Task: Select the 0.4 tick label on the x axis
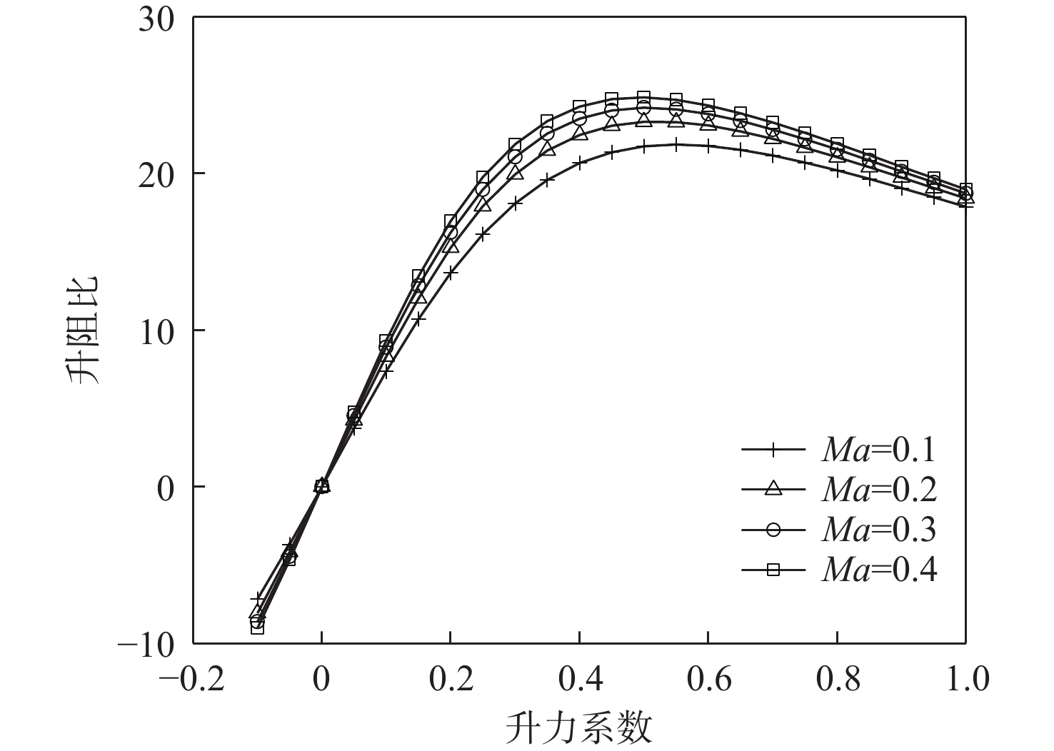coord(579,679)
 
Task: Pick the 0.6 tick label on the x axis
coord(708,679)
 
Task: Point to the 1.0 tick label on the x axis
coord(965,679)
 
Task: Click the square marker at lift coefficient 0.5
coord(643,97)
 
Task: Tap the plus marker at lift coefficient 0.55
coord(676,144)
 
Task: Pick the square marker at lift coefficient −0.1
coord(257,627)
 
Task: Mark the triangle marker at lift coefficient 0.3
coord(515,172)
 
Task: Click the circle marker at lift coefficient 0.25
coord(483,190)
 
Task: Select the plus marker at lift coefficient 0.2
coord(451,272)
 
